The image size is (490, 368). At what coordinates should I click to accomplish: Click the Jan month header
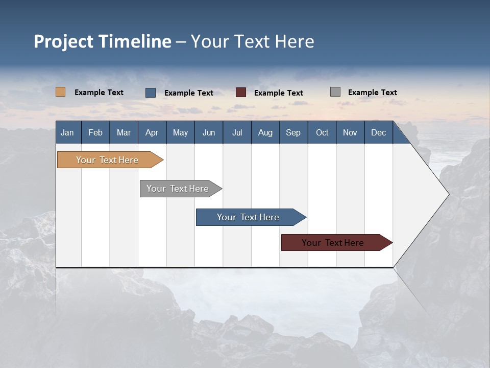coord(67,133)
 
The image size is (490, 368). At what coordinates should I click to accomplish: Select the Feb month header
coord(95,133)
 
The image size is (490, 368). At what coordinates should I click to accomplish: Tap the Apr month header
coord(152,133)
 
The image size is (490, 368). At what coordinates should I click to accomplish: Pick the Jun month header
coord(209,133)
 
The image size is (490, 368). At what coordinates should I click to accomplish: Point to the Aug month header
coord(265,133)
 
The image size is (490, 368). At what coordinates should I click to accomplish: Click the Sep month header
coord(293,133)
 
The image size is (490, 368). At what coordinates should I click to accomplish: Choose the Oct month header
coord(322,133)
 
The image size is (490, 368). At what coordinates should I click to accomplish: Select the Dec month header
coord(378,133)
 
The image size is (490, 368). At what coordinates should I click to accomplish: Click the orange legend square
coord(60,92)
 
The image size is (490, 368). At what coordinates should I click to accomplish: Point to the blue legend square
coord(151,93)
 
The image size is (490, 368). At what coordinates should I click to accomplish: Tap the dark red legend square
coord(241,93)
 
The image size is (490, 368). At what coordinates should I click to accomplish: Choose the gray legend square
coord(335,92)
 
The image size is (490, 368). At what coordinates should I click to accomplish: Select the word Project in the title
coord(63,41)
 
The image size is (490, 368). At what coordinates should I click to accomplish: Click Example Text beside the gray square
coord(372,93)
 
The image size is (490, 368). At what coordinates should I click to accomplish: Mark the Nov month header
coord(350,133)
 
